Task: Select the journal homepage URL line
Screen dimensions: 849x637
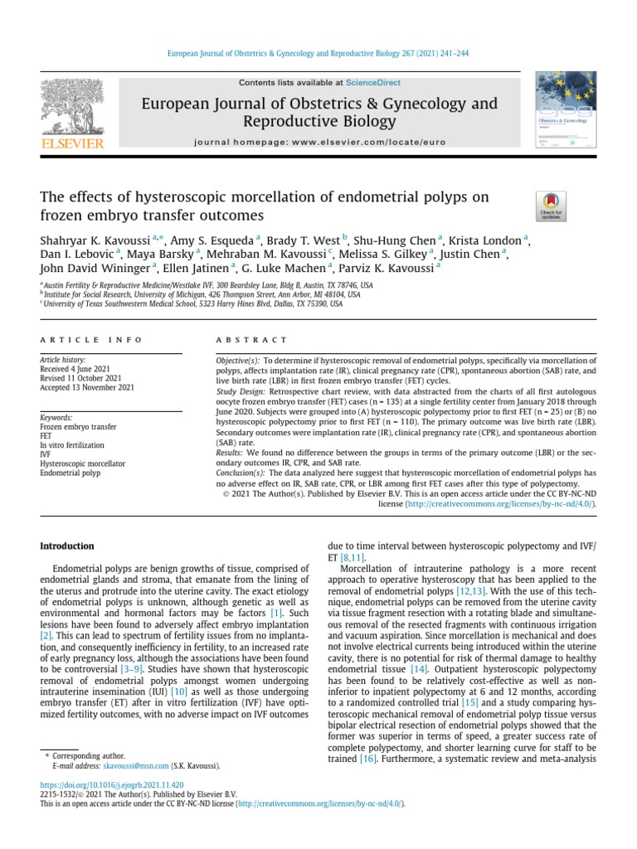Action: (x=319, y=143)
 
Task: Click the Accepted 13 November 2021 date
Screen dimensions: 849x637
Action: (x=87, y=387)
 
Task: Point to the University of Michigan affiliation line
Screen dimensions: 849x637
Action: (x=202, y=294)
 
